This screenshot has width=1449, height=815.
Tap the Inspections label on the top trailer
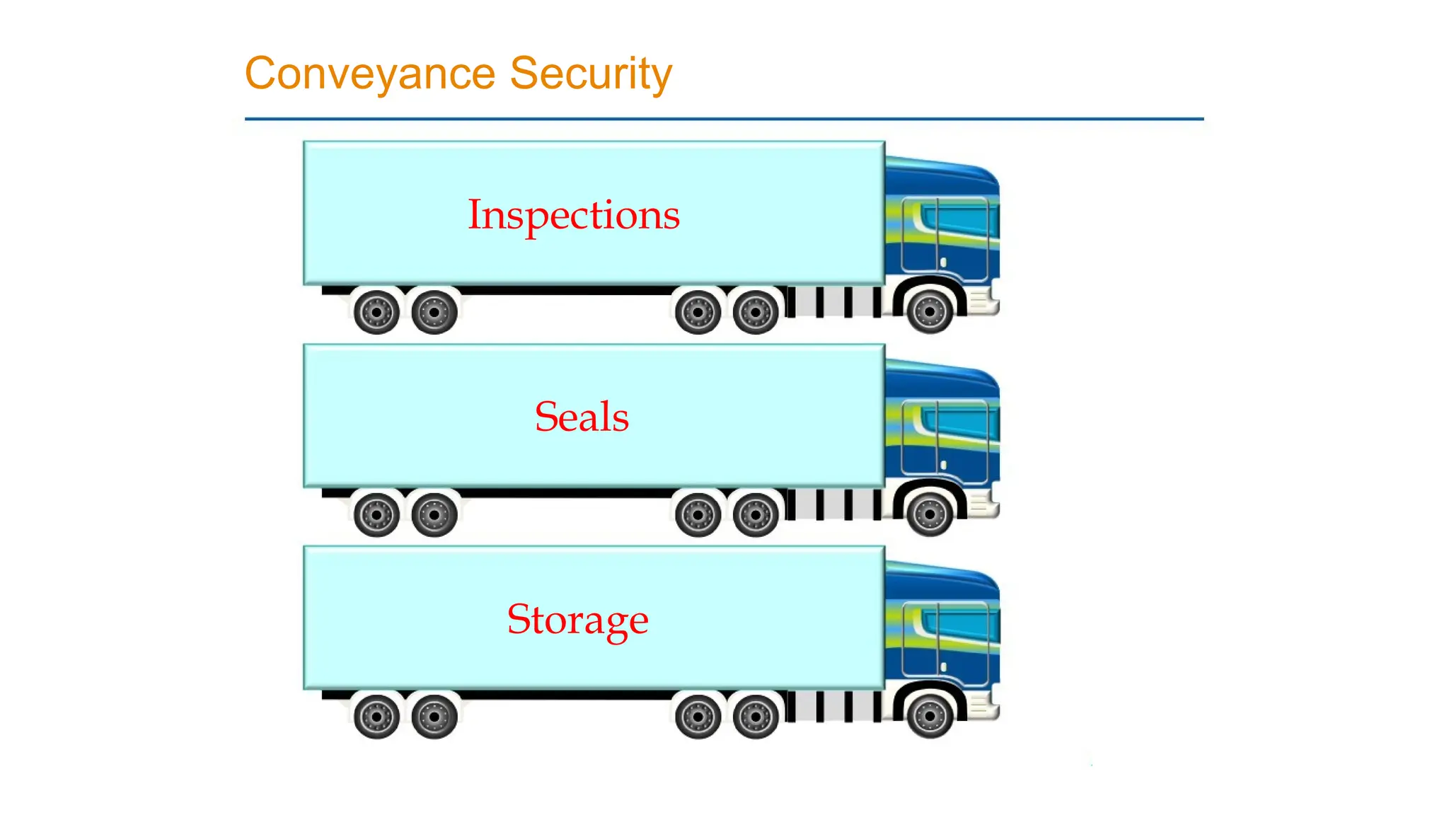[574, 214]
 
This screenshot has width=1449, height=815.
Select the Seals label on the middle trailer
[582, 417]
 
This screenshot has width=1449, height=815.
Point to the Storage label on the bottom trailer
[577, 620]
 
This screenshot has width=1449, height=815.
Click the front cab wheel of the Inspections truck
[930, 311]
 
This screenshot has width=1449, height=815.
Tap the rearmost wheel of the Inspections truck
[376, 311]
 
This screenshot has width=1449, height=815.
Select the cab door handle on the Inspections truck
[943, 262]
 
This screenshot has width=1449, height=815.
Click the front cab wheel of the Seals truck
[930, 514]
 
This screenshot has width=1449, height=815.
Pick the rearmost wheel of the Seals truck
[376, 514]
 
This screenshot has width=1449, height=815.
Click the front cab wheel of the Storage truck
[930, 717]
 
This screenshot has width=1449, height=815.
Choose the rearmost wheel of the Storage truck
[376, 717]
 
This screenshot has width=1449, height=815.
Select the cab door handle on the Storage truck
[943, 667]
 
